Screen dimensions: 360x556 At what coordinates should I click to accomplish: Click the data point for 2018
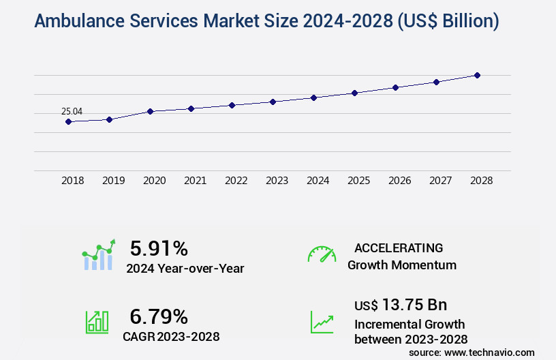point(68,121)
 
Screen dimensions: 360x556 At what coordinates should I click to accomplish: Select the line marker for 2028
point(477,75)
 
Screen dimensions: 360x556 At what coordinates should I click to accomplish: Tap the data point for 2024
point(313,97)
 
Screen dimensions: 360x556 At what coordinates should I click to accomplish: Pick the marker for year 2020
point(150,111)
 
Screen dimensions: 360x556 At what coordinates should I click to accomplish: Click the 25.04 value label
point(72,111)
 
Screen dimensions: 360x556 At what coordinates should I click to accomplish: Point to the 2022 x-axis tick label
point(236,181)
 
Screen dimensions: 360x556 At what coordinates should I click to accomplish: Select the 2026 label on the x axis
point(399,181)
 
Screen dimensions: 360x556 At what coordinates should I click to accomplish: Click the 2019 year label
point(113,181)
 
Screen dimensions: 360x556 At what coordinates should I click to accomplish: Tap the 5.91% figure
point(159,247)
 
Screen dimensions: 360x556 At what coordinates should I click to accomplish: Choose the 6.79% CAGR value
point(159,316)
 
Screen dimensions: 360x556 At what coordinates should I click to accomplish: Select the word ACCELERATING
point(399,247)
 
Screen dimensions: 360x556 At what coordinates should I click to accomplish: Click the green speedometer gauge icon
point(322,254)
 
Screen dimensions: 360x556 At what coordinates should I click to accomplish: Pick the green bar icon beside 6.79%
point(97,322)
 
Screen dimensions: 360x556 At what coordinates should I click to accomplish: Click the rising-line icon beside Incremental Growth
point(322,322)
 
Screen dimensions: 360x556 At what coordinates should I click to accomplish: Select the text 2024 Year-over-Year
point(185,269)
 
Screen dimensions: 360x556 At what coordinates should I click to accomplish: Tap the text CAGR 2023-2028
point(171,336)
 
